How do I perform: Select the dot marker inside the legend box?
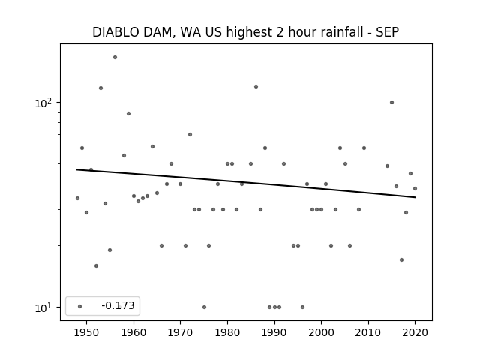(x=79, y=306)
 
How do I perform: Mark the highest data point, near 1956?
(x=115, y=57)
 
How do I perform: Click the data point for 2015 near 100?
(x=391, y=102)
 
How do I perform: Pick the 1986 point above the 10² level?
(x=256, y=86)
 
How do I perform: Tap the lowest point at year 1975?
(x=204, y=307)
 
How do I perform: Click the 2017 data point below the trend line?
(x=401, y=259)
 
